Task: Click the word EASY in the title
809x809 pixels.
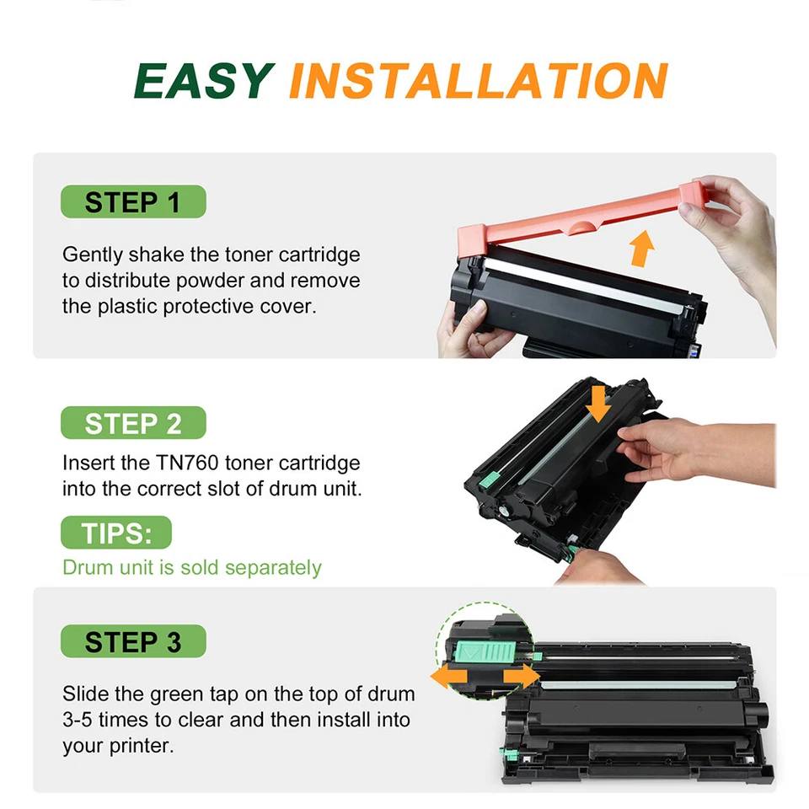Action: (x=203, y=81)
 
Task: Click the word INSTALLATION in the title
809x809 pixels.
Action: (x=478, y=81)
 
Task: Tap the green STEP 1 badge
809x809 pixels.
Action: (x=133, y=202)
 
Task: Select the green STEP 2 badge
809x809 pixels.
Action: (x=133, y=423)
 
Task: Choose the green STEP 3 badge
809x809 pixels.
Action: (x=133, y=642)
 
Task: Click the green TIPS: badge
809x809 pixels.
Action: (x=116, y=533)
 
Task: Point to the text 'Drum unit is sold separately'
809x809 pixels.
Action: (x=192, y=567)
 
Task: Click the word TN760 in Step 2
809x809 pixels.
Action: (x=184, y=463)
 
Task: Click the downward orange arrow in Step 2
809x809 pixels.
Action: (x=599, y=403)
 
